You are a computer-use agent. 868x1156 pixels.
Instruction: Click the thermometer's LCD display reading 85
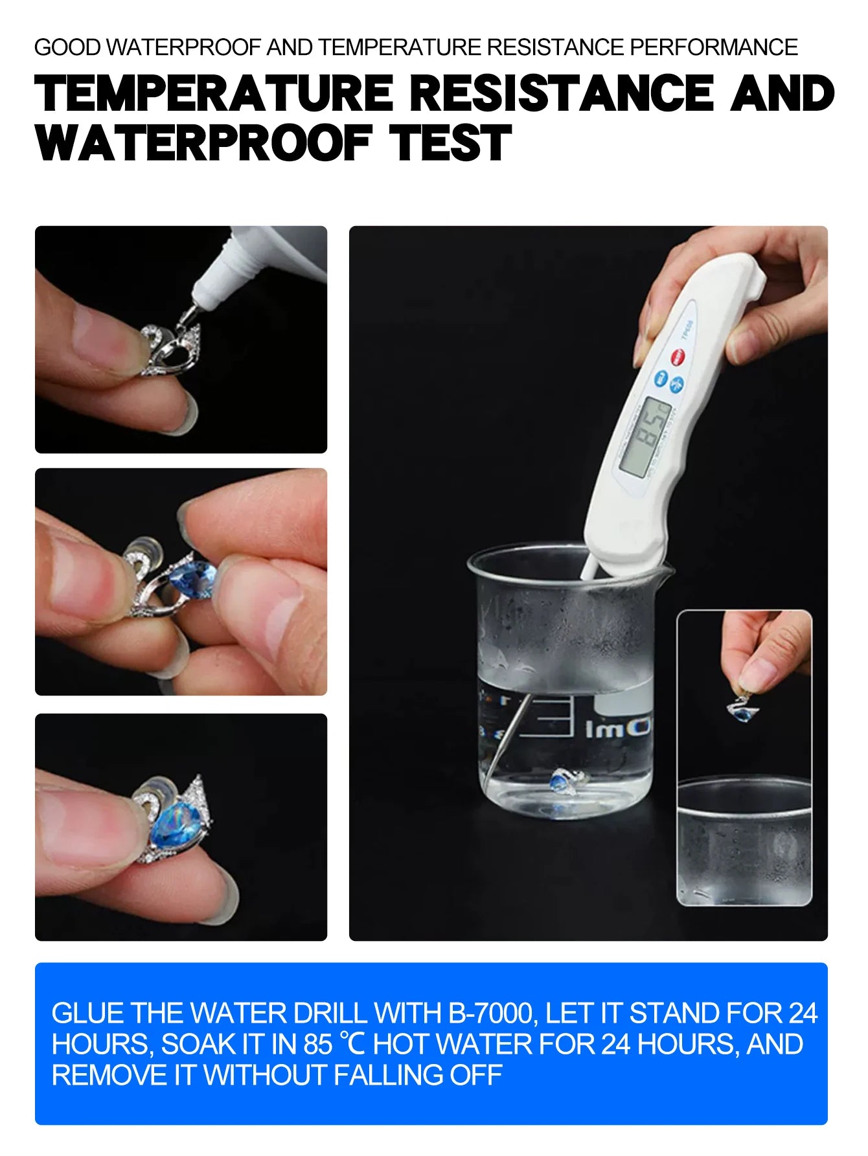pos(645,437)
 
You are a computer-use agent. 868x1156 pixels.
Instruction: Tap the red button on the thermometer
pos(678,356)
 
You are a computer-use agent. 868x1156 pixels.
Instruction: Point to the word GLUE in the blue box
pos(87,1014)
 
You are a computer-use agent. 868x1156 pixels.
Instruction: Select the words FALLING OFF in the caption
pos(418,1076)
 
